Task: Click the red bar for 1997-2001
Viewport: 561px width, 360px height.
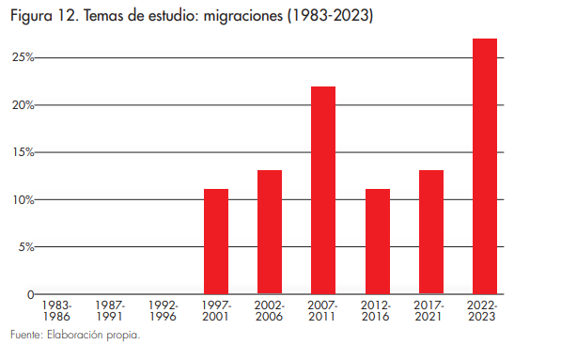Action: pyautogui.click(x=216, y=242)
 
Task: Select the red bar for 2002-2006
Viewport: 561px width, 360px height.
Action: pyautogui.click(x=270, y=232)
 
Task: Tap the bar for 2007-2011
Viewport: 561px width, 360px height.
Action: pyautogui.click(x=323, y=190)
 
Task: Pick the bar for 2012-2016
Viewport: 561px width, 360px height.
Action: pyautogui.click(x=378, y=242)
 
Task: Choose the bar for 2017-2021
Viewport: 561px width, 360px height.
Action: pyautogui.click(x=431, y=232)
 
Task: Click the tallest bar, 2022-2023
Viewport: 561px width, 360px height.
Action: pyautogui.click(x=485, y=166)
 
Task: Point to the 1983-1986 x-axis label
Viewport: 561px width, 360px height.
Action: pyautogui.click(x=55, y=311)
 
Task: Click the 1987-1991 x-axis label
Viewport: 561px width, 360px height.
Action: pyautogui.click(x=109, y=311)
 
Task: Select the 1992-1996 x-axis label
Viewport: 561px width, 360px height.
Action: pyautogui.click(x=163, y=311)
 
